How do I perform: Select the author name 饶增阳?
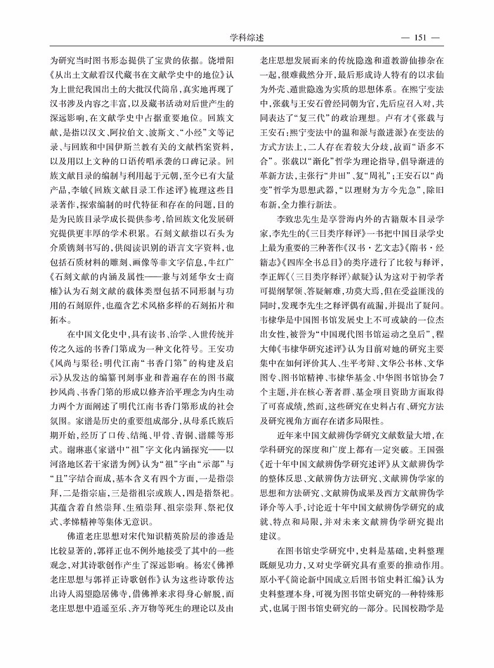219,59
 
